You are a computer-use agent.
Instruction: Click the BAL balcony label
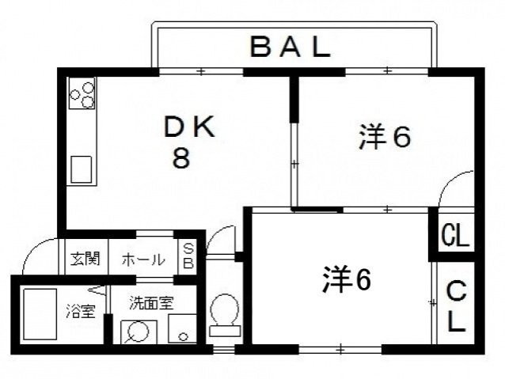pos(290,47)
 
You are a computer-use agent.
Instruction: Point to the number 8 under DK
pos(181,158)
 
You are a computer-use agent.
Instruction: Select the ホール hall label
pos(144,259)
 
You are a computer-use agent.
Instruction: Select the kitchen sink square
pos(82,169)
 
